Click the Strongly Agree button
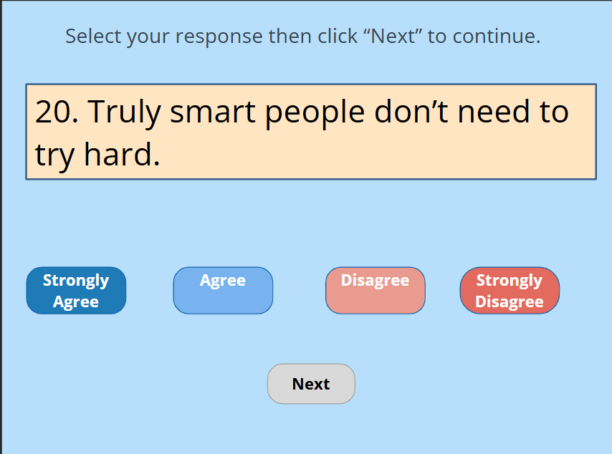pyautogui.click(x=76, y=291)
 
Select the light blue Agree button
pyautogui.click(x=224, y=291)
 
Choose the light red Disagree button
pyautogui.click(x=376, y=291)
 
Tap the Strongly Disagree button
pyautogui.click(x=510, y=291)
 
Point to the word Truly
pyautogui.click(x=124, y=112)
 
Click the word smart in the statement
pyautogui.click(x=213, y=113)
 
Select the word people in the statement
pyautogui.click(x=315, y=113)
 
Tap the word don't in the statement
pyautogui.click(x=411, y=111)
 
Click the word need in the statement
pyautogui.click(x=494, y=111)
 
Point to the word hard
pyautogui.click(x=122, y=154)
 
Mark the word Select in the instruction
pyautogui.click(x=93, y=36)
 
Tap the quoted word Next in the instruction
pyautogui.click(x=394, y=36)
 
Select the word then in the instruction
pyautogui.click(x=290, y=36)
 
